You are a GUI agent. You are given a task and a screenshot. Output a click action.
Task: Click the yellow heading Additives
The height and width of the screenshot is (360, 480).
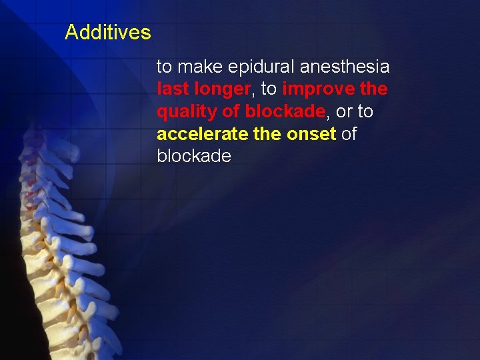point(108,32)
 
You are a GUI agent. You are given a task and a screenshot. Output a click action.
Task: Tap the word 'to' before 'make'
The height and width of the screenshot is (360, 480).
point(164,67)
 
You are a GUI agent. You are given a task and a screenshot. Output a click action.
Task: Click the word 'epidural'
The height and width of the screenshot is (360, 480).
point(262,67)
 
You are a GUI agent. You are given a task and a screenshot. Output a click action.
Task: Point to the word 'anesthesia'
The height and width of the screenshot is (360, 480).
point(345,67)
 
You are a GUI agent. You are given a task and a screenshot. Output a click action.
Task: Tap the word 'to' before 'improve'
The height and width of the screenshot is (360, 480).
point(269,89)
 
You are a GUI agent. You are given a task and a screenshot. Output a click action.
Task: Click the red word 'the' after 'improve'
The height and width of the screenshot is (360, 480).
point(375,89)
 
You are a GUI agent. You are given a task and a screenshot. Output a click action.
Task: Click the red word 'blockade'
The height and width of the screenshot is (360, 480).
point(285,111)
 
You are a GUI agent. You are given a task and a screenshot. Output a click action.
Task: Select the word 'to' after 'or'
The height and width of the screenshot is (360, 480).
point(365,111)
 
